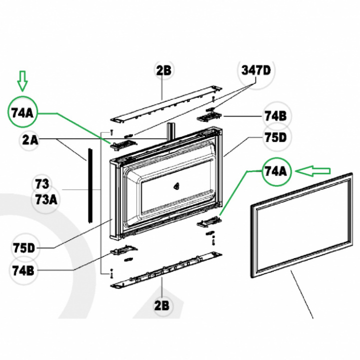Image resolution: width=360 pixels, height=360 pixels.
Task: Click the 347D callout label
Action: coord(256,70)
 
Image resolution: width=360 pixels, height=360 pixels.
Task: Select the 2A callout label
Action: coord(30,140)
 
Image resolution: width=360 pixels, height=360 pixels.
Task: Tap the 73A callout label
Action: coord(46,200)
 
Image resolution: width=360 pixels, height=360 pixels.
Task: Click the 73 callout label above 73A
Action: coord(42,184)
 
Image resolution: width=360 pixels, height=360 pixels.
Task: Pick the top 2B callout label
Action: coord(163,70)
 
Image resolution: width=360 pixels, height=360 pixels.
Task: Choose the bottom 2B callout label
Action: coord(161,306)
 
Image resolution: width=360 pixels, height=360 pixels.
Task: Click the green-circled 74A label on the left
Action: coord(22,113)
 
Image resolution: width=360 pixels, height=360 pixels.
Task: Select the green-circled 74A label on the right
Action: coord(276,171)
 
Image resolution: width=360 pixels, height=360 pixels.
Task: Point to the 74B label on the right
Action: coord(275,116)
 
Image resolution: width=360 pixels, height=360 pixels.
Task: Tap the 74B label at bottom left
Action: coord(23,271)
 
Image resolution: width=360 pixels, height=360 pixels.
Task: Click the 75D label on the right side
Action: coord(275,137)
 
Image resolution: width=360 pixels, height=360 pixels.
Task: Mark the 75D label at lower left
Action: coord(24,248)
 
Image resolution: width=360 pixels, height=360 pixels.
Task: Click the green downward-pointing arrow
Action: coord(22,81)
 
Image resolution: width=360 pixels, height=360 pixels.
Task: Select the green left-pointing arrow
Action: coord(313,171)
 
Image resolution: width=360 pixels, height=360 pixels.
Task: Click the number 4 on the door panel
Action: coord(176,186)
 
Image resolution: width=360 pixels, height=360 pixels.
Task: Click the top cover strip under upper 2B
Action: coord(166,104)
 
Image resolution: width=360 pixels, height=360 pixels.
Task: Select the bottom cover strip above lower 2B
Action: coord(166,270)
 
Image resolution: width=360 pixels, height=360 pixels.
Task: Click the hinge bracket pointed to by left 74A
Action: coord(123,145)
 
